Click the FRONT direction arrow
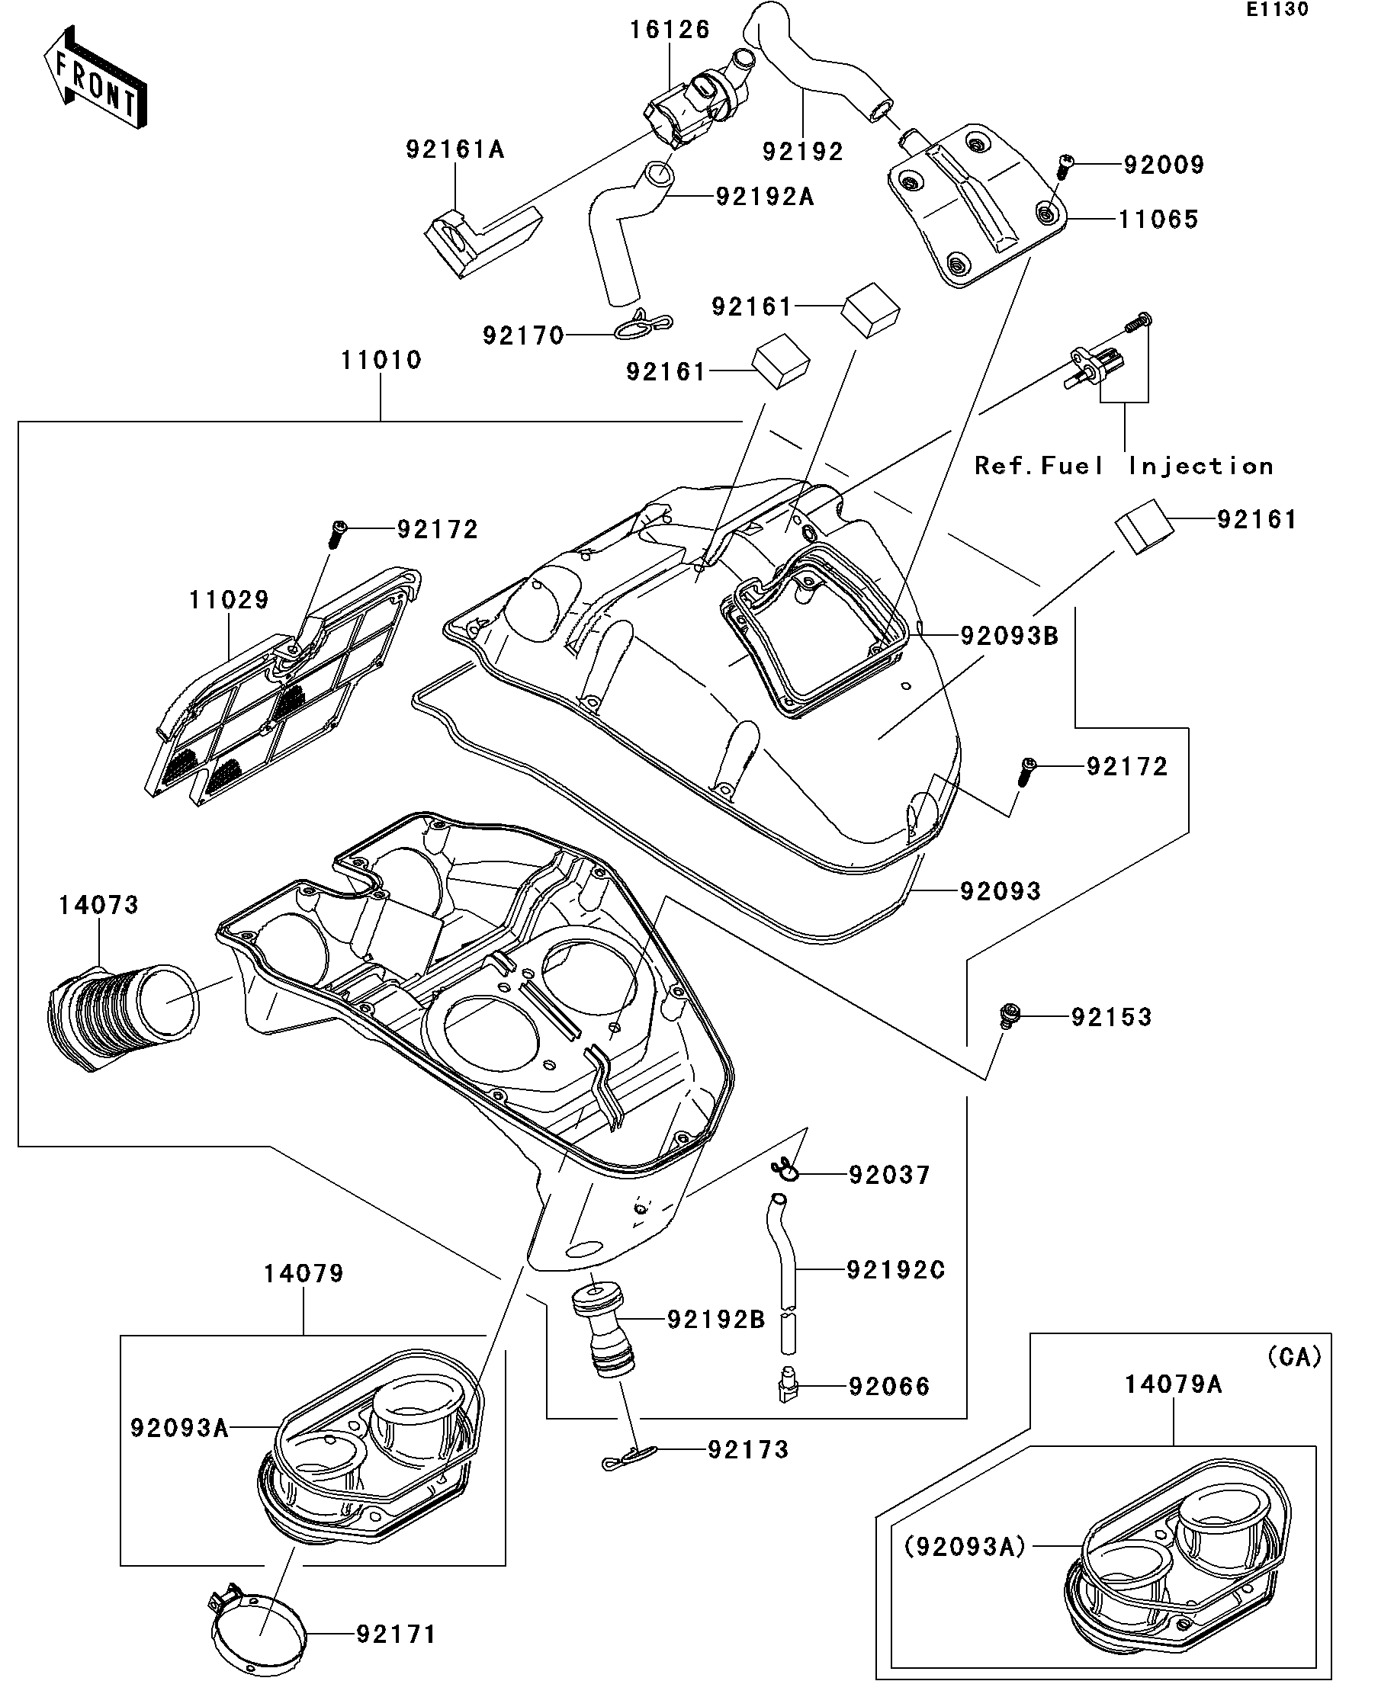[95, 78]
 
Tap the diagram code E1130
[1277, 11]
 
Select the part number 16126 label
[670, 30]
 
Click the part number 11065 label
[1158, 220]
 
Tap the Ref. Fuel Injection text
[1123, 466]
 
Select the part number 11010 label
[381, 360]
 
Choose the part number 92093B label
[1009, 636]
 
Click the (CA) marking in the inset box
[1294, 1356]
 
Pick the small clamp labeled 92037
[786, 1172]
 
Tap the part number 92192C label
[895, 1269]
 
